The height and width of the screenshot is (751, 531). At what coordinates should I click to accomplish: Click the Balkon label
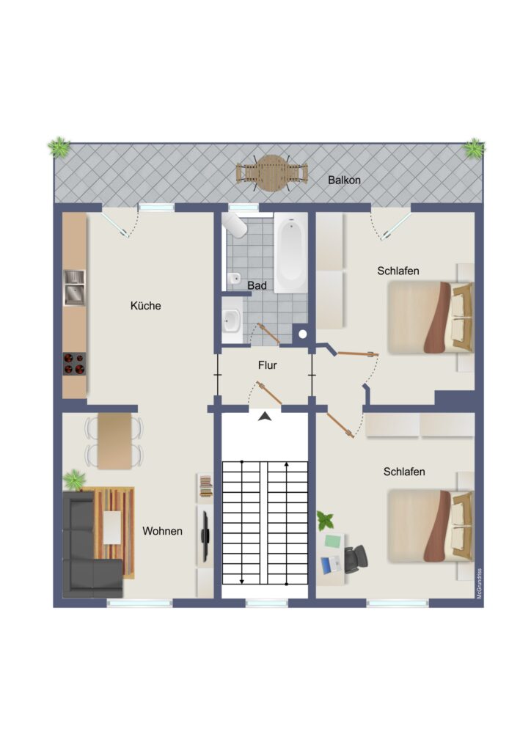344,180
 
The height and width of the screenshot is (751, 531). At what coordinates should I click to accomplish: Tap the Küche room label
145,306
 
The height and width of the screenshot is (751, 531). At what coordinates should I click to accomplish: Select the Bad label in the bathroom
257,285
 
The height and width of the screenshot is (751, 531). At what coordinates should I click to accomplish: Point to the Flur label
267,365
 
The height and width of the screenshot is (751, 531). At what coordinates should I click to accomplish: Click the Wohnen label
162,531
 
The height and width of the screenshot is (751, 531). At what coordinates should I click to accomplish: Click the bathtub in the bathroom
291,252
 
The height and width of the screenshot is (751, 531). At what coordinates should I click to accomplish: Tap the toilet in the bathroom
235,224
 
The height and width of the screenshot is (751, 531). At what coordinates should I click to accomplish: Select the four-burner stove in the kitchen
74,364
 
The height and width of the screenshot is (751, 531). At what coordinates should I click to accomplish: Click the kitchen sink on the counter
74,287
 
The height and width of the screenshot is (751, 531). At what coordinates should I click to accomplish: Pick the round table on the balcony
271,173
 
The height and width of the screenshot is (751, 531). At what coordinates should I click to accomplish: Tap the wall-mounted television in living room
205,536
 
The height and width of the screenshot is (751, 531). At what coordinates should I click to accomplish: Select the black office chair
356,559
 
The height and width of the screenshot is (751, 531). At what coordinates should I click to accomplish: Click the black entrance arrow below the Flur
265,417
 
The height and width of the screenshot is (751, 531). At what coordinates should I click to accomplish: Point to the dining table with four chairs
114,441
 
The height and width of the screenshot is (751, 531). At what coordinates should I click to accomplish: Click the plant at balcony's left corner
59,147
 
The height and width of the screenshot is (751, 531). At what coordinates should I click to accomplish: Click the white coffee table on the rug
112,527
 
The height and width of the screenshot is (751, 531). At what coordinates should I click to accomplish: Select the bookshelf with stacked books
205,488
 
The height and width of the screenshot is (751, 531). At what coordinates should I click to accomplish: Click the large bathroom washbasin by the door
232,320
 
